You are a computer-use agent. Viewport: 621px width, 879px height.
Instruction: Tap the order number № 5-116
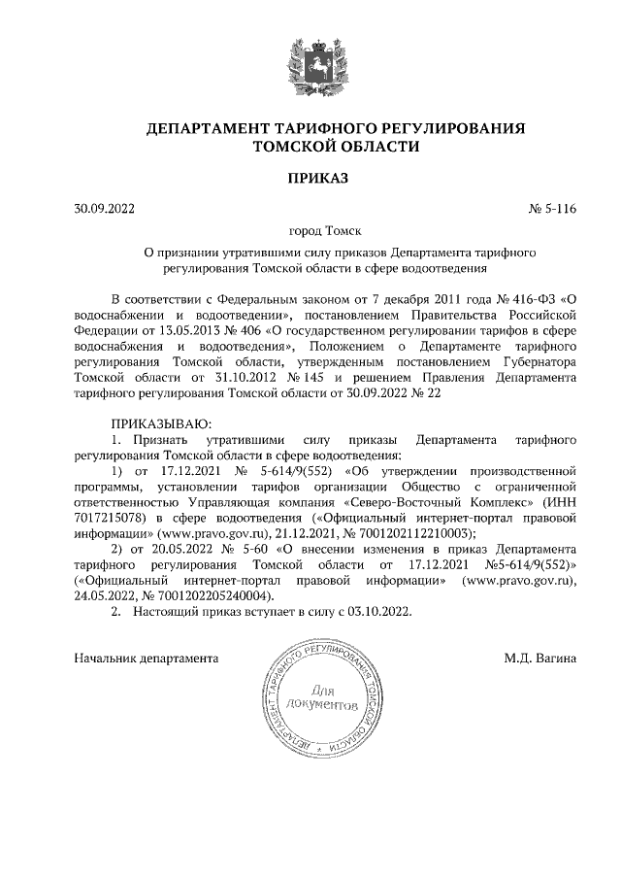pyautogui.click(x=551, y=207)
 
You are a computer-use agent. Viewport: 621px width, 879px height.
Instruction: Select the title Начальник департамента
pyautogui.click(x=146, y=659)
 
